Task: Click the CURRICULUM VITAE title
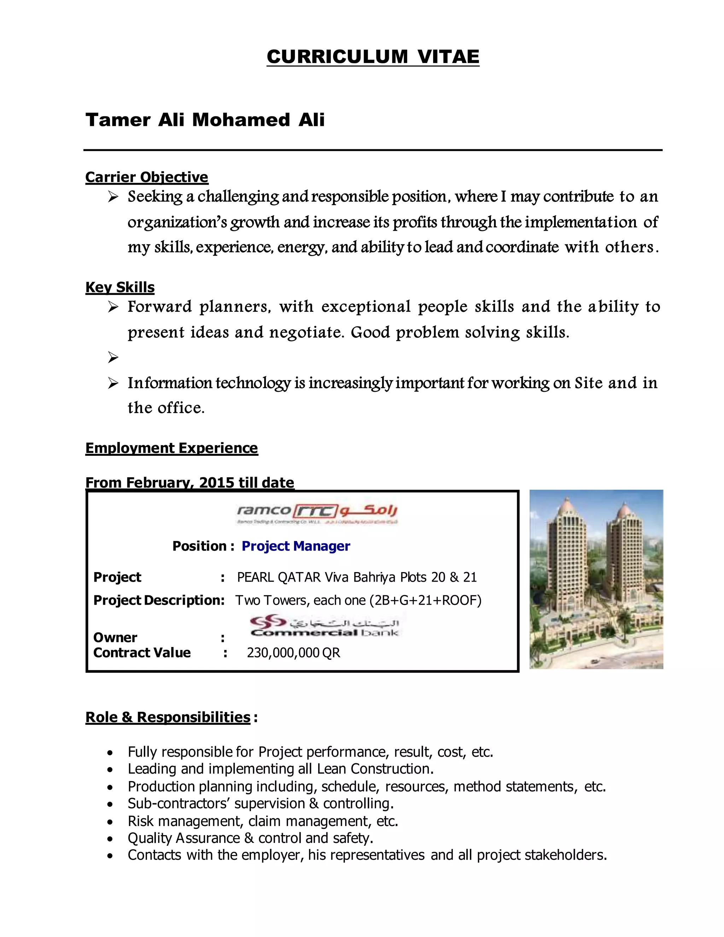[x=373, y=57]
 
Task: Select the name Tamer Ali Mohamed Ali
[x=205, y=120]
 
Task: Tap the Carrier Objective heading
[x=147, y=177]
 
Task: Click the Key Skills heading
[x=120, y=287]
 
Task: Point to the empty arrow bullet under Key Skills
[x=113, y=357]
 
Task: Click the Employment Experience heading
[x=171, y=448]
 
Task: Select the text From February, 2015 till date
[x=189, y=483]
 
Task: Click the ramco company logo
[x=317, y=512]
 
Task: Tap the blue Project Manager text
[x=296, y=546]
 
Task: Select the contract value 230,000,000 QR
[x=293, y=653]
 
